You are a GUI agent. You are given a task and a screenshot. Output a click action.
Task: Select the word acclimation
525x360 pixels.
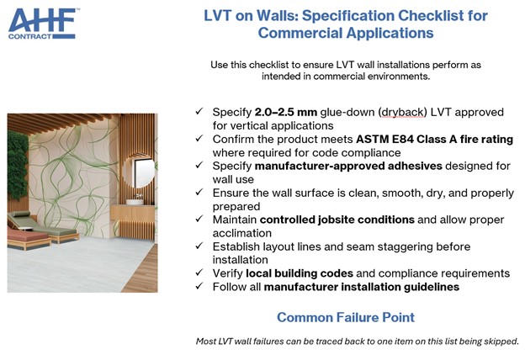(240, 233)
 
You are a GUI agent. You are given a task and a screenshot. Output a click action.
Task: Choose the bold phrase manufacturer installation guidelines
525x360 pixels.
(362, 287)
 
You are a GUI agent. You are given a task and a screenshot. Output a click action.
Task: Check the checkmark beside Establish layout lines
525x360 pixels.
(198, 247)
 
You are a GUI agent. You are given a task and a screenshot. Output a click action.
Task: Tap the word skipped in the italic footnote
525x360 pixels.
(499, 341)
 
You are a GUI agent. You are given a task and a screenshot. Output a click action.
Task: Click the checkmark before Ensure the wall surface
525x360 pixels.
(198, 193)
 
